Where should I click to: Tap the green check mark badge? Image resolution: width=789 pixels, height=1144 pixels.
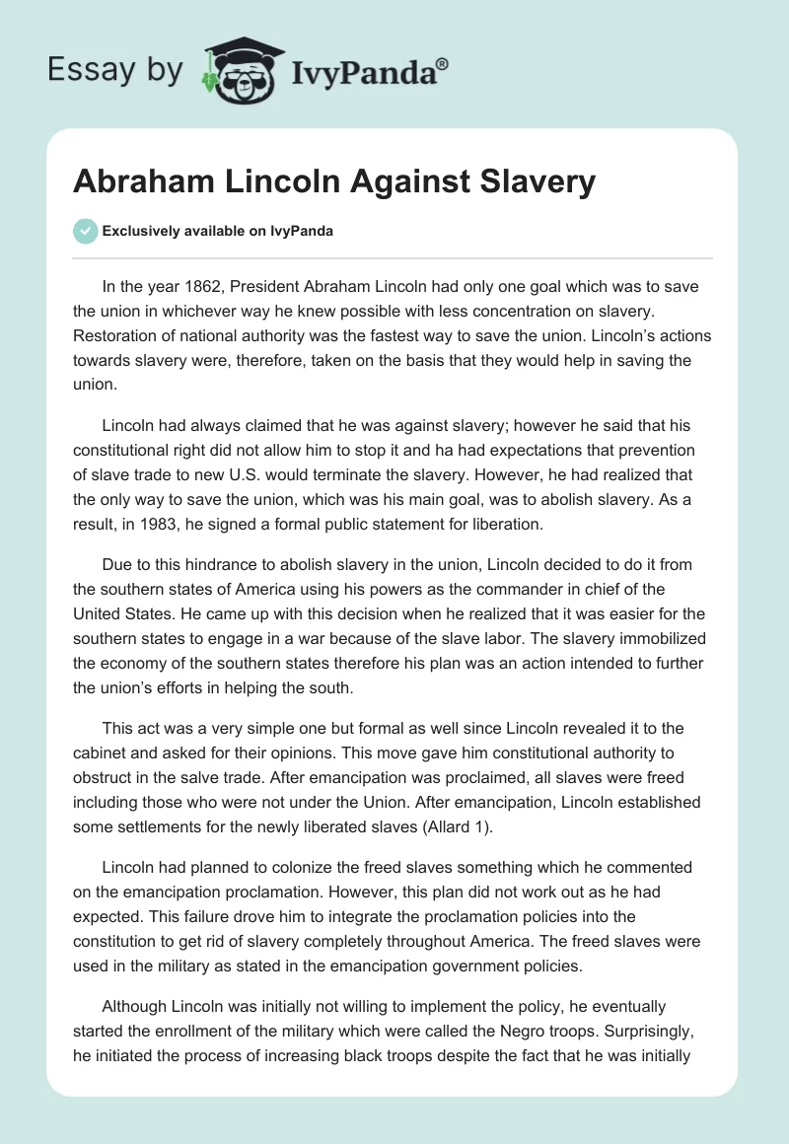pyautogui.click(x=85, y=231)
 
